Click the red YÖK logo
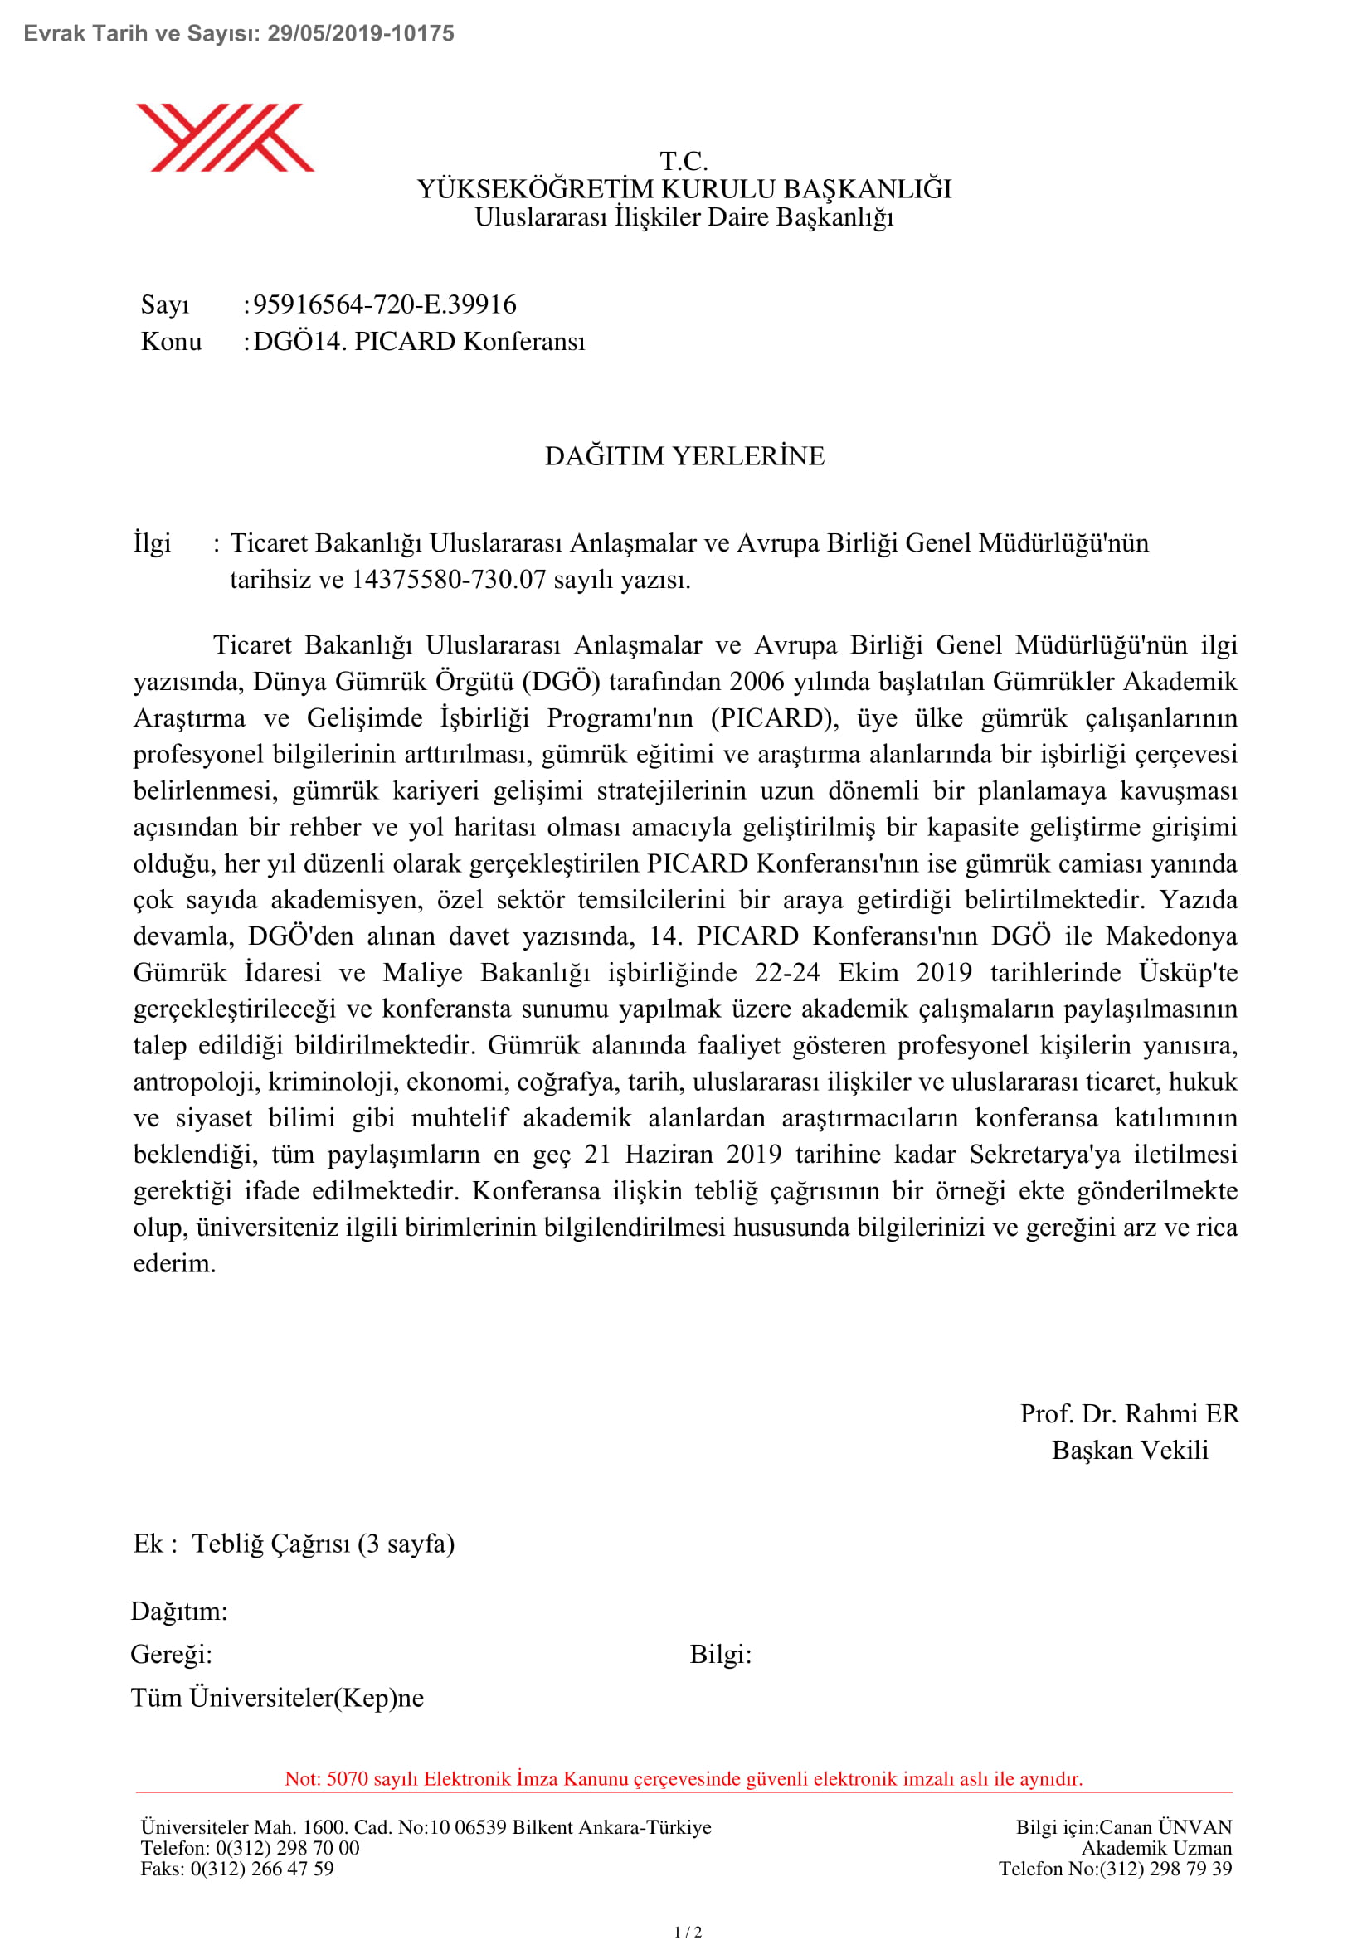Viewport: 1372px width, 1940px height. coord(225,138)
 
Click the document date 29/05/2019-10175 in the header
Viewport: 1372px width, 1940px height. coord(361,34)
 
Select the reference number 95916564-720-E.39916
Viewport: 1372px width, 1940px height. coord(384,304)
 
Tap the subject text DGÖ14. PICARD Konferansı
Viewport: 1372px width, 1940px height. coord(419,342)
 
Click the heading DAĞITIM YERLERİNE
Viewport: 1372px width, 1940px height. coord(684,456)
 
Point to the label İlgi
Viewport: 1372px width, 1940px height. coord(152,542)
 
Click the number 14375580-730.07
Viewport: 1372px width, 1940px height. coord(449,580)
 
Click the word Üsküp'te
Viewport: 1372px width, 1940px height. coord(1188,973)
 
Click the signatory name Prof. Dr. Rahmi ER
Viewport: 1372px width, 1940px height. coord(1130,1413)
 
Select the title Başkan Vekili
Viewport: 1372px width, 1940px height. coord(1130,1450)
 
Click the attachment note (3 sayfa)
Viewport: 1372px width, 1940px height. coord(406,1544)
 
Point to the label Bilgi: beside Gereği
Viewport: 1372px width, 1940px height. coord(721,1654)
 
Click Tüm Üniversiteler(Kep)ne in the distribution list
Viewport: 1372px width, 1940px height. coord(277,1698)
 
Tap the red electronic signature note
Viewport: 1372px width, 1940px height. coord(684,1778)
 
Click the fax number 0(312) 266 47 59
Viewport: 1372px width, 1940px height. coord(262,1868)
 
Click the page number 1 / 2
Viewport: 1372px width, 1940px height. coord(688,1932)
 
